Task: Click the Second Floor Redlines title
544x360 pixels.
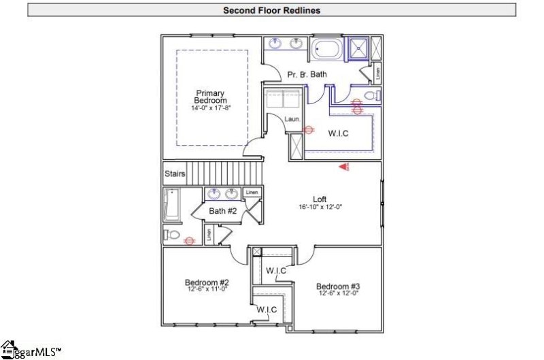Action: pos(271,10)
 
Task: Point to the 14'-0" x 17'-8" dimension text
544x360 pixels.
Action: pos(210,108)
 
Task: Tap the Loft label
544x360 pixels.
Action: pos(320,199)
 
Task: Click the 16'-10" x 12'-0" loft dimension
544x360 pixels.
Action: pos(320,207)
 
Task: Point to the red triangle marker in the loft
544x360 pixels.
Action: pos(345,164)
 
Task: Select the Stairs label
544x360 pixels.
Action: pos(175,174)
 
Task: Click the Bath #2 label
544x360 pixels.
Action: pos(222,211)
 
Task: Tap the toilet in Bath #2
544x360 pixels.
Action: pos(172,235)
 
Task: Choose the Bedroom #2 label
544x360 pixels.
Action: pos(206,282)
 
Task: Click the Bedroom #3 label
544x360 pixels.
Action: pos(337,286)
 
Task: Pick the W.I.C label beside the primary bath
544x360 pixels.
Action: pos(338,133)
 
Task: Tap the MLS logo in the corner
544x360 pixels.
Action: pos(31,350)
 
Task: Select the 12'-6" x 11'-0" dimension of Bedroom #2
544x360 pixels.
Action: pos(206,290)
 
